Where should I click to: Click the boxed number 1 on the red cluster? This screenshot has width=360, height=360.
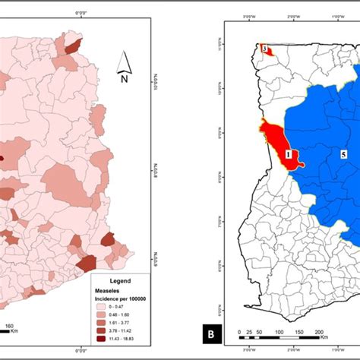(x=289, y=153)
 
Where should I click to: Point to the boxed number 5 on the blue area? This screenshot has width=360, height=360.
(x=343, y=153)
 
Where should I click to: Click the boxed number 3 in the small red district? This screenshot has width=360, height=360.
(x=264, y=49)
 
